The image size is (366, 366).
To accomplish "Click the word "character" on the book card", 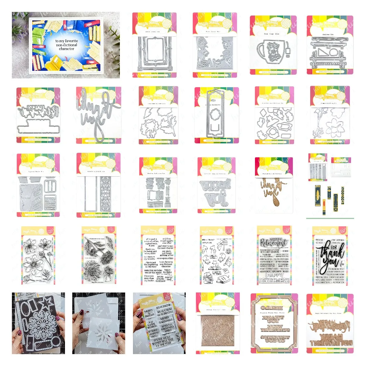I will point(66,49).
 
